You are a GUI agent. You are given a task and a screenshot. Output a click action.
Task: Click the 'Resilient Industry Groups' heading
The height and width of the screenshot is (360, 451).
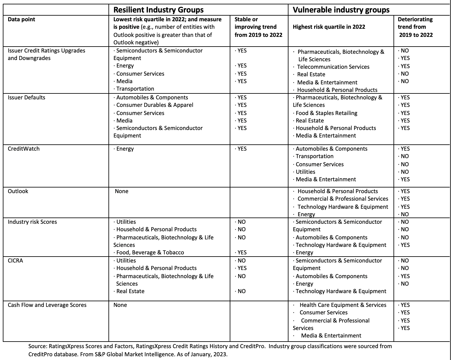(158, 10)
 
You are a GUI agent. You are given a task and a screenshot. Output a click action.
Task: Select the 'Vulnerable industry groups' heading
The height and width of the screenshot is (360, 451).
(341, 10)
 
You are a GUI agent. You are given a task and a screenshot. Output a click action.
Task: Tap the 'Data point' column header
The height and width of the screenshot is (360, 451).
(21, 19)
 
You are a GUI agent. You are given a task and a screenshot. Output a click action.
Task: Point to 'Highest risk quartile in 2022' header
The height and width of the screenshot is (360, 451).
(329, 27)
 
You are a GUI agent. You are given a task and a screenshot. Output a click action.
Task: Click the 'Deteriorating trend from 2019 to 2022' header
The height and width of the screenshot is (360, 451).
(415, 27)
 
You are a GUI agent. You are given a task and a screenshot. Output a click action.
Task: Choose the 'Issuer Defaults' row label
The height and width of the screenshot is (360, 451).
(27, 97)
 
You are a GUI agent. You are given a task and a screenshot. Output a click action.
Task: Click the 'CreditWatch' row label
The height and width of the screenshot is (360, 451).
(24, 149)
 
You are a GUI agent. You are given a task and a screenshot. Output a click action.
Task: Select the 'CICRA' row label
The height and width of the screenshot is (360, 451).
(15, 261)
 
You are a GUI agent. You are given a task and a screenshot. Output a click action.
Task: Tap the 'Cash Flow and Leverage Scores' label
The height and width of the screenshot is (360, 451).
(47, 305)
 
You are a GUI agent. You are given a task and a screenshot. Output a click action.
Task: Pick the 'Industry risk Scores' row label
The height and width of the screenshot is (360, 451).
(33, 222)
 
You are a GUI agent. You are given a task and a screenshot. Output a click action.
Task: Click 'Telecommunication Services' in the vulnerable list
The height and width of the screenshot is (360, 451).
(333, 67)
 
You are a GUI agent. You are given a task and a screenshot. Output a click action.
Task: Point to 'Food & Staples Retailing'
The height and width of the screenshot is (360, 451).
(326, 113)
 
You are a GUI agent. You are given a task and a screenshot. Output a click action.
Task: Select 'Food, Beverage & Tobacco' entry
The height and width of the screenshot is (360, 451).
(150, 252)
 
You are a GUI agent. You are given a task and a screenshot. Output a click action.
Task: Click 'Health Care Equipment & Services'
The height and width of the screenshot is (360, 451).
(343, 305)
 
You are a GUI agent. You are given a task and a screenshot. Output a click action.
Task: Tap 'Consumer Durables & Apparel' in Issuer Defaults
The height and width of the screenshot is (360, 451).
(155, 105)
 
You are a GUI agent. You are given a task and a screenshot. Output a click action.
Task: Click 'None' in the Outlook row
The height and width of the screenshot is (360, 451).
(122, 191)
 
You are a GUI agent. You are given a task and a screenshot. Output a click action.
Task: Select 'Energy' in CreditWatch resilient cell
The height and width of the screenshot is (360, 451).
(125, 149)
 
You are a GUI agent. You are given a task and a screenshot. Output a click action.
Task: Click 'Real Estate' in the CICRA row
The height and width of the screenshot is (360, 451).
(130, 291)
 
